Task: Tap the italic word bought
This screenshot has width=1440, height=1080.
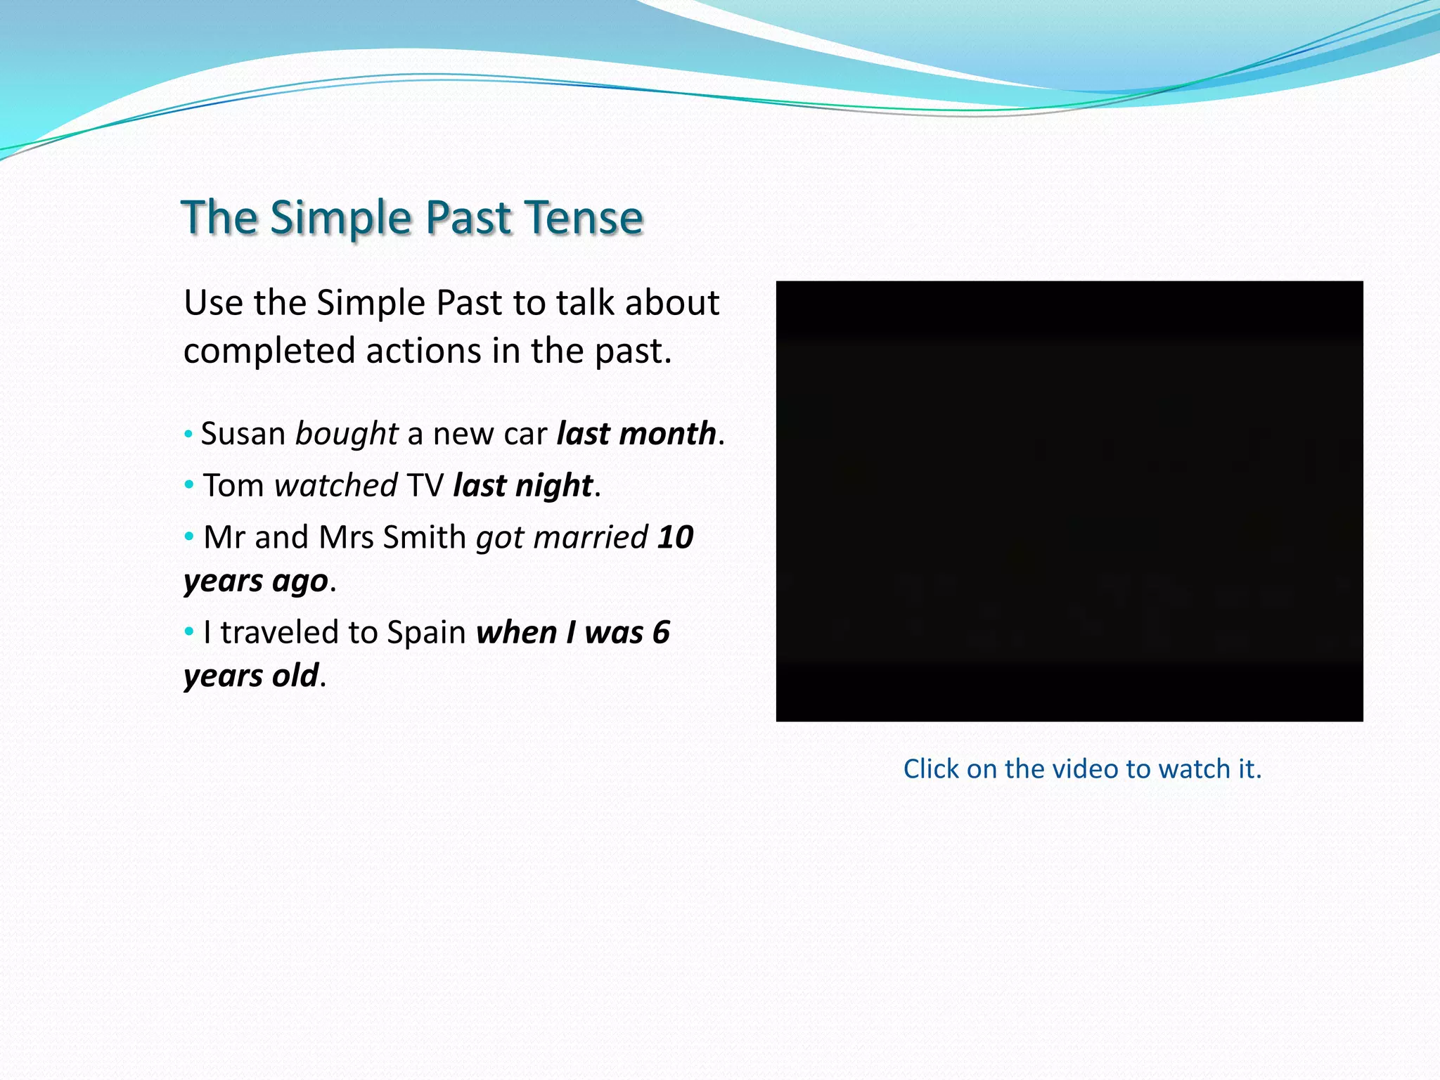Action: click(x=347, y=434)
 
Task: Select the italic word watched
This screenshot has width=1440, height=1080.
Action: click(x=336, y=486)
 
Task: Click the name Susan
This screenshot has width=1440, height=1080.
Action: click(x=243, y=434)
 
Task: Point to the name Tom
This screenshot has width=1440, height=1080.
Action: click(x=233, y=486)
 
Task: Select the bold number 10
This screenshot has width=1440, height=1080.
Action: click(x=675, y=538)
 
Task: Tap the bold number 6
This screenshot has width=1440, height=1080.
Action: click(x=661, y=633)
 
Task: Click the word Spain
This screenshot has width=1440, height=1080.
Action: click(x=426, y=633)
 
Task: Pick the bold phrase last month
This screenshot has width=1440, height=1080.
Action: click(x=636, y=434)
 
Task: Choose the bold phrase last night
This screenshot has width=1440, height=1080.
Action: click(x=523, y=486)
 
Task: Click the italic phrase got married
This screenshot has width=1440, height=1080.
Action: click(x=562, y=538)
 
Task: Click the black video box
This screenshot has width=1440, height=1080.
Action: click(x=1069, y=501)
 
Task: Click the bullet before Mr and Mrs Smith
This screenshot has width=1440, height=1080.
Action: click(x=188, y=537)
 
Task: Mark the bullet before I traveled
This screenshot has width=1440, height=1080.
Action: click(x=188, y=632)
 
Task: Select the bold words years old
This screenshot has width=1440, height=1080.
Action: click(x=252, y=676)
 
